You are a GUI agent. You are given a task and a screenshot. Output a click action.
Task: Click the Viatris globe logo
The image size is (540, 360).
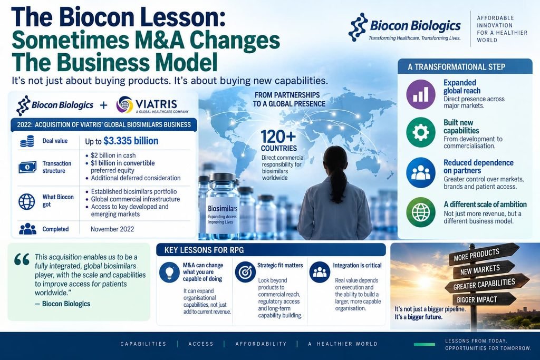pyautogui.click(x=124, y=104)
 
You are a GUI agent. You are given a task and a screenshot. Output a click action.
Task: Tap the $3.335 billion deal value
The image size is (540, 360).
pyautogui.click(x=131, y=141)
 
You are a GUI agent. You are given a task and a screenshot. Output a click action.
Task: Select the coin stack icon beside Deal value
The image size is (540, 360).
pyautogui.click(x=27, y=141)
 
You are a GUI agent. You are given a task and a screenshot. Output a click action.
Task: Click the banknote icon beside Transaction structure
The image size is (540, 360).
pyautogui.click(x=27, y=167)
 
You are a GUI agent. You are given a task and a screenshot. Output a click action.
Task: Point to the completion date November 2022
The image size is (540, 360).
pyautogui.click(x=112, y=229)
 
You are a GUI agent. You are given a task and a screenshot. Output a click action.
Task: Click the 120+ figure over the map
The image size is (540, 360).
pyautogui.click(x=278, y=137)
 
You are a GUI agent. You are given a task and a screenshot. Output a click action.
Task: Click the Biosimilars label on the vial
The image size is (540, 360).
pyautogui.click(x=223, y=209)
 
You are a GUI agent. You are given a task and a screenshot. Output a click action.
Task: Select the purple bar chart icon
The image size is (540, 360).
pyautogui.click(x=420, y=94)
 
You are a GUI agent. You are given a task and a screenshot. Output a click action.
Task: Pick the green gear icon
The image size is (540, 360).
pyautogui.click(x=420, y=132)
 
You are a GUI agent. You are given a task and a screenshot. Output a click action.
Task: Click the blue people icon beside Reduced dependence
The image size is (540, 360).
pyautogui.click(x=420, y=172)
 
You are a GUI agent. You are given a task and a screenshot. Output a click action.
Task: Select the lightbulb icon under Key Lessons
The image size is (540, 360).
pyautogui.click(x=169, y=272)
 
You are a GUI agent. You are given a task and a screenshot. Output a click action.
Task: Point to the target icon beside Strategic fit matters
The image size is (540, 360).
pyautogui.click(x=245, y=272)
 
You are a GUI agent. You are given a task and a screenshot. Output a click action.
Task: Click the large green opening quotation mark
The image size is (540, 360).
pyautogui.click(x=22, y=259)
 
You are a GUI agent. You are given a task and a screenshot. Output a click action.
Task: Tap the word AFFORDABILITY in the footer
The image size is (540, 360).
pyautogui.click(x=261, y=344)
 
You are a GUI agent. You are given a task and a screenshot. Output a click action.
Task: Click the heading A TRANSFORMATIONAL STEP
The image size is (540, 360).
pyautogui.click(x=456, y=67)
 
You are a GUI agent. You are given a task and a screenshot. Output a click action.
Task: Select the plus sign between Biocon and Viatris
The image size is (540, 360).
pyautogui.click(x=104, y=105)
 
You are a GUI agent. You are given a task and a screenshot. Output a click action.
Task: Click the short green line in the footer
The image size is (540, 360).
pyautogui.click(x=425, y=344)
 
